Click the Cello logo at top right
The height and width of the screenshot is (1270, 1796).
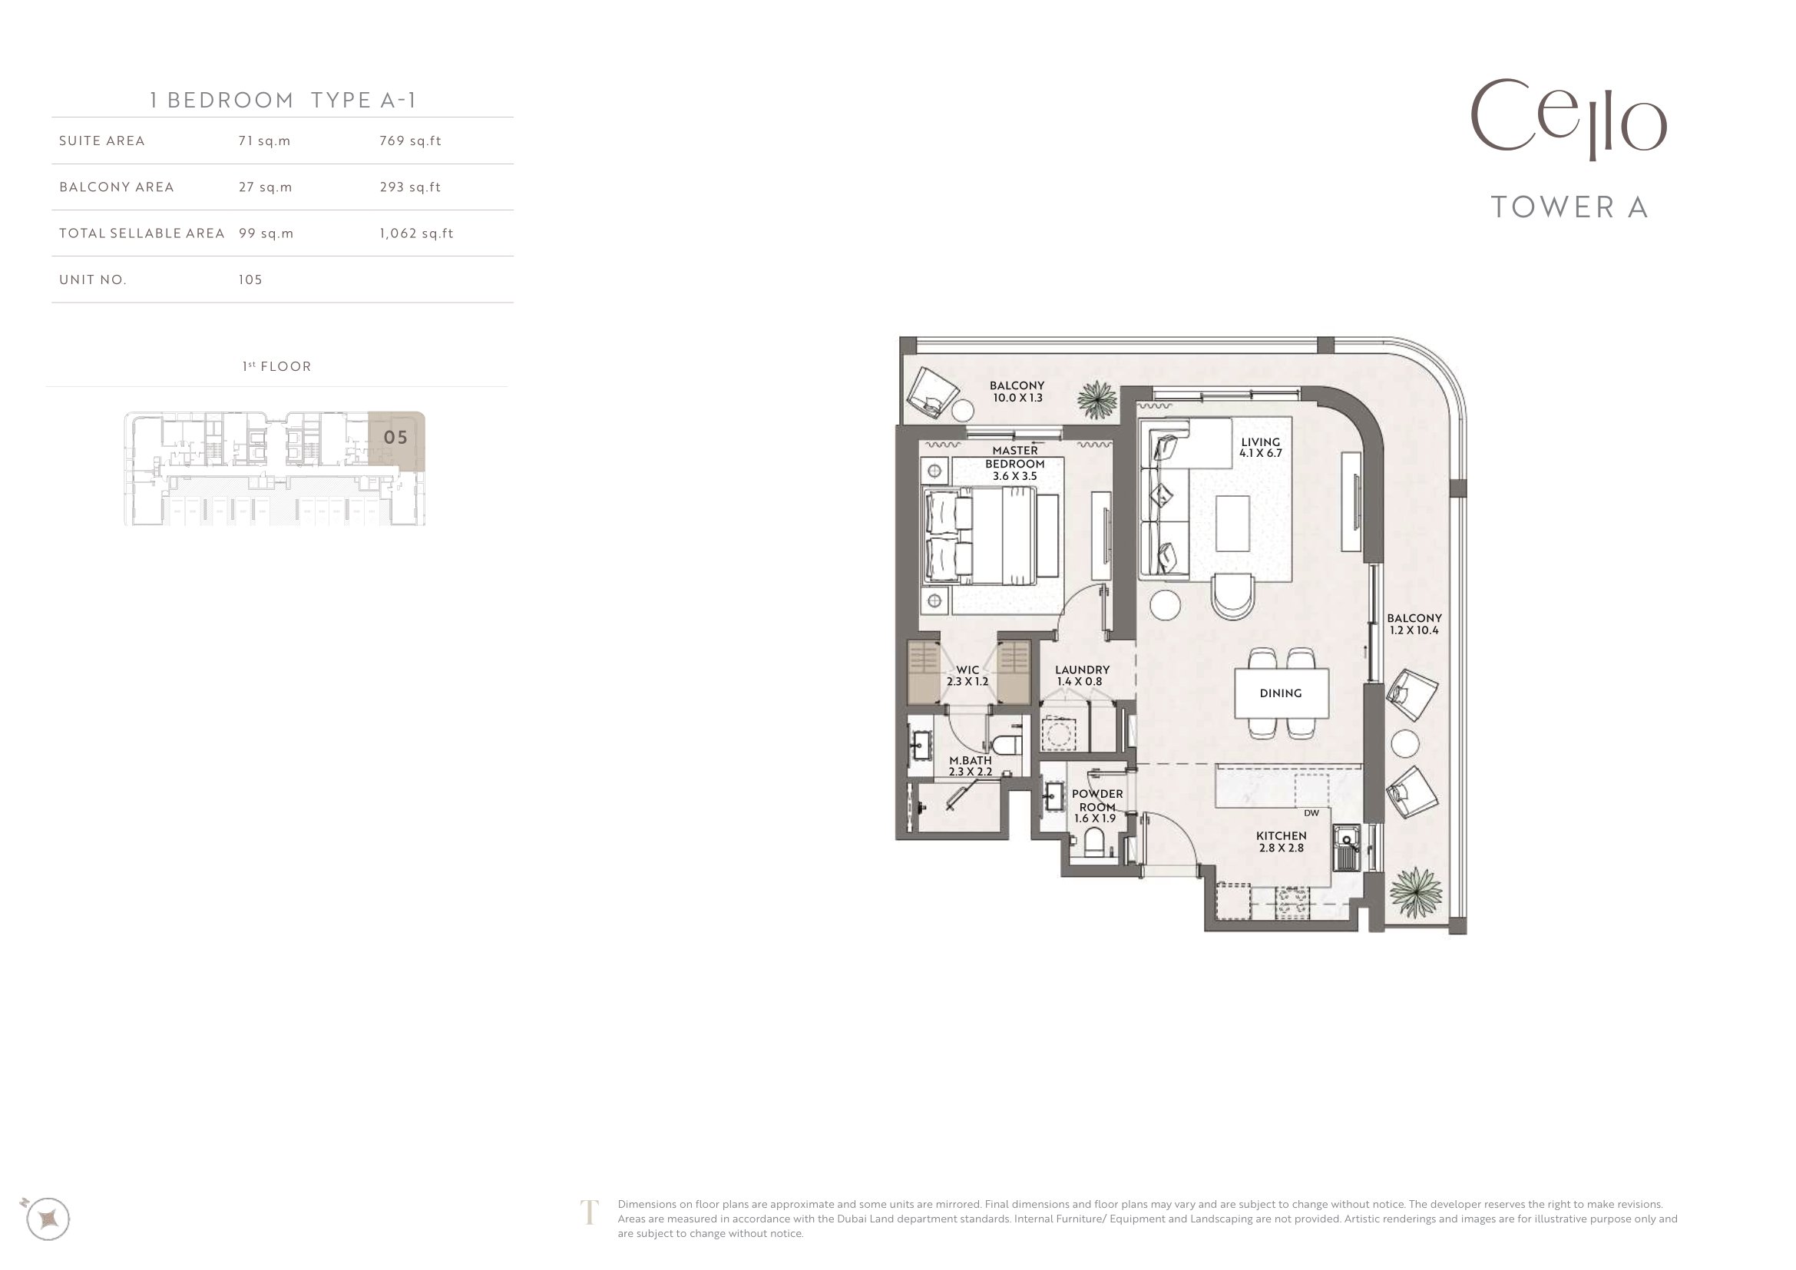tap(1569, 120)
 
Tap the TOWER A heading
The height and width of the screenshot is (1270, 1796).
tap(1570, 207)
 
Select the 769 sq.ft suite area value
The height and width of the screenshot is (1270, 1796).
tap(411, 141)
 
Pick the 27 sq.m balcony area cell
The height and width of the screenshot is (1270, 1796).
tap(265, 187)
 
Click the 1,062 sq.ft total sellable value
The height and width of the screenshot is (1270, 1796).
tap(416, 233)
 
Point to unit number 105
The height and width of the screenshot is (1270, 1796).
tap(250, 279)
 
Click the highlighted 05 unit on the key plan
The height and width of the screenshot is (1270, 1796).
tap(395, 438)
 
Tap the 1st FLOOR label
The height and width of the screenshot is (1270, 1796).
tap(277, 366)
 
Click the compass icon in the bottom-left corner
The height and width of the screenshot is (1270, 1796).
tap(47, 1219)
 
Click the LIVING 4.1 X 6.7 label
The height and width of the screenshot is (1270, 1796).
tap(1260, 448)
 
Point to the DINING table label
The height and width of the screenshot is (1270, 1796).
tap(1281, 693)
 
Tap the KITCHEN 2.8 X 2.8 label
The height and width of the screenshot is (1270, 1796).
tap(1282, 842)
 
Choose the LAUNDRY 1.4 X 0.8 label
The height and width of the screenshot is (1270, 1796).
tap(1082, 676)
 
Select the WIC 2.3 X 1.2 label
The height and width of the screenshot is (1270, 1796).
tap(967, 676)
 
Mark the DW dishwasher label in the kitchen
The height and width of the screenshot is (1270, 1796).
tap(1311, 812)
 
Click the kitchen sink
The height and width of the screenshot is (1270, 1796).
tap(1347, 848)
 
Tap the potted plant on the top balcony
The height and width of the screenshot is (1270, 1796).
tap(1096, 399)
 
